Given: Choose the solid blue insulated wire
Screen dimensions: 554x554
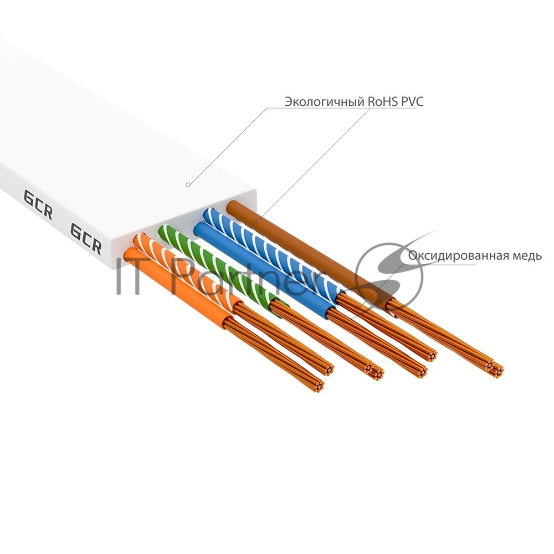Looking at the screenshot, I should pos(266,266).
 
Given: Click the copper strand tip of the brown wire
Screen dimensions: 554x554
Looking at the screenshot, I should pos(495,368).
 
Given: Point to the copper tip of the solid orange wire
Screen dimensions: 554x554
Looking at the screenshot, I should pos(317,385).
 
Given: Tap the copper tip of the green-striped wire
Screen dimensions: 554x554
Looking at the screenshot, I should pos(377,373).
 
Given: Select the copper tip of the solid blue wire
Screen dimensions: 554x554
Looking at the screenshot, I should pos(419,371).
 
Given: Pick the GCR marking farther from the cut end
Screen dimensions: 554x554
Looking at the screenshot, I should pos(38,204).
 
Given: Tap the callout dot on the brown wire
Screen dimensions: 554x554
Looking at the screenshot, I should pos(255,221).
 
